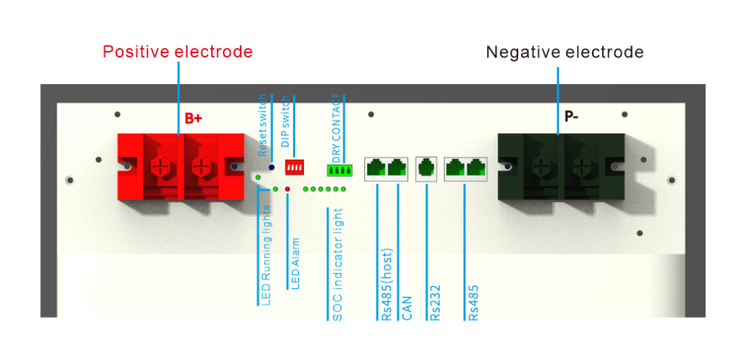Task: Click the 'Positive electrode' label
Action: click(x=177, y=52)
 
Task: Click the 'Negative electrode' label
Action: click(x=564, y=52)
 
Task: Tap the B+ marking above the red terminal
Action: click(x=192, y=118)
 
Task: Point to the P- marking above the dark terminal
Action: click(x=572, y=118)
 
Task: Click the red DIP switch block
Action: click(x=295, y=168)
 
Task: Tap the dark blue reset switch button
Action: click(x=271, y=168)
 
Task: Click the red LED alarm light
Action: click(x=287, y=189)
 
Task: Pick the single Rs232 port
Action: click(x=426, y=169)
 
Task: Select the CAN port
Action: click(x=396, y=169)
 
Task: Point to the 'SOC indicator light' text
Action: click(x=337, y=265)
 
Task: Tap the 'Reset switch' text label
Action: click(x=263, y=124)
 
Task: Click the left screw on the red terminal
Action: click(x=159, y=167)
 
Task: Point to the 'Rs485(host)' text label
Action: click(x=385, y=283)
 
